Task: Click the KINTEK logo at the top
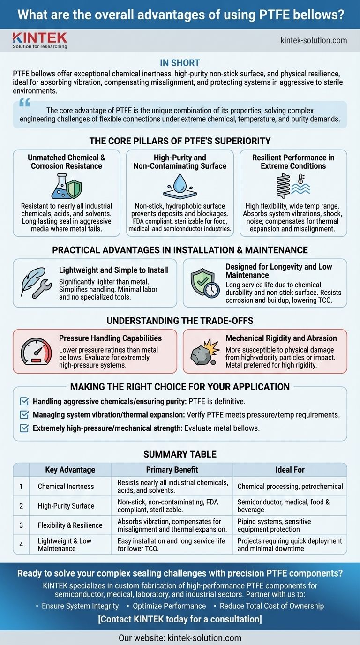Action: tap(40, 40)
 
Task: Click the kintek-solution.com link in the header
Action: tap(314, 40)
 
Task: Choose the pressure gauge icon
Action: tap(35, 352)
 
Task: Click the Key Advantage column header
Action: tap(70, 470)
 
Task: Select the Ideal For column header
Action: tap(290, 470)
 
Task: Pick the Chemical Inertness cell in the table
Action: tap(66, 487)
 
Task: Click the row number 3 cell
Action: tap(21, 525)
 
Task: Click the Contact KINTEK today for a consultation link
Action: tap(180, 619)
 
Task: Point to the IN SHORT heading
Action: tap(180, 63)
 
